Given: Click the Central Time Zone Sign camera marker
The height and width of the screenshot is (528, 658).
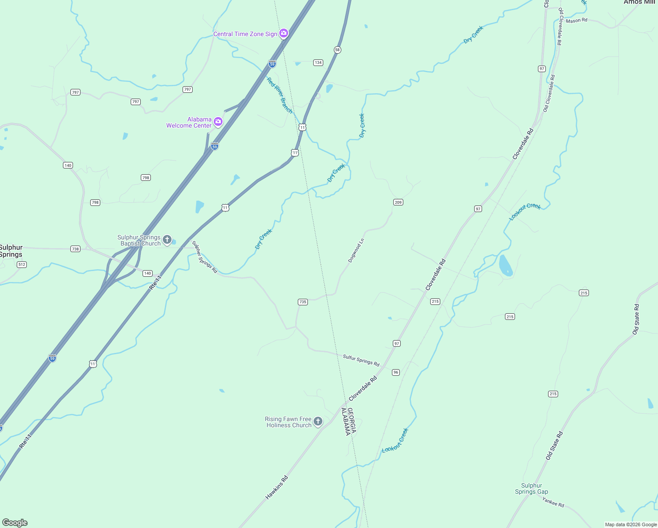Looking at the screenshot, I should tap(284, 33).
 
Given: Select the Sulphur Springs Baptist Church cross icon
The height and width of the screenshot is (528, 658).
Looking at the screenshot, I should tap(167, 240).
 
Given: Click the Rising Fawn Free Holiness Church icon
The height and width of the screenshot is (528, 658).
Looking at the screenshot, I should tap(318, 422).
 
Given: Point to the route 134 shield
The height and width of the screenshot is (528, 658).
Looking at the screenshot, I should tap(318, 62).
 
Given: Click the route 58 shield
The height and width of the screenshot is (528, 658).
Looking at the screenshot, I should tap(337, 50).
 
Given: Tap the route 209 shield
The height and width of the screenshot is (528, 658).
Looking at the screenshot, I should tap(398, 202).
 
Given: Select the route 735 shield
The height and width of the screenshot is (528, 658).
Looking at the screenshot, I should tap(303, 302).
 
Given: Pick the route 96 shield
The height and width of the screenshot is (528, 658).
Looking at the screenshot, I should tap(396, 372).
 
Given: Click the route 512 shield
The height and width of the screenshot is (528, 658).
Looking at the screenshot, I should tap(22, 264).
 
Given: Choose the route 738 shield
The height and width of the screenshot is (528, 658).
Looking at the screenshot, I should tap(75, 249).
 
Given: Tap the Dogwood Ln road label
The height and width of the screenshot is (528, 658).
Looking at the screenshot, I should tap(356, 250).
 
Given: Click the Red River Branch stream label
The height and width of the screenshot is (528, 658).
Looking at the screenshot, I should tap(279, 95).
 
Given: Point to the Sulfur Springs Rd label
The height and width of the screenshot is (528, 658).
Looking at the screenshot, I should tap(361, 360).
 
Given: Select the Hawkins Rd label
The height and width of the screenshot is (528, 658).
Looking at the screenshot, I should tap(277, 488).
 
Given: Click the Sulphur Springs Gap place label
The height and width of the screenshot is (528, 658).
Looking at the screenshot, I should tap(531, 489).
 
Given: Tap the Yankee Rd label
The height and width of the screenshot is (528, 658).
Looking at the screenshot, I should tap(553, 502).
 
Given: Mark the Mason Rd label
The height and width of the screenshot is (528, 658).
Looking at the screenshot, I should tap(576, 21).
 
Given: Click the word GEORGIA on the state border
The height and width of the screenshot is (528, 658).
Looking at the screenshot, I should tap(351, 420).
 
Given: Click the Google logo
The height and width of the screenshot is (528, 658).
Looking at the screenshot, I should tap(15, 523).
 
